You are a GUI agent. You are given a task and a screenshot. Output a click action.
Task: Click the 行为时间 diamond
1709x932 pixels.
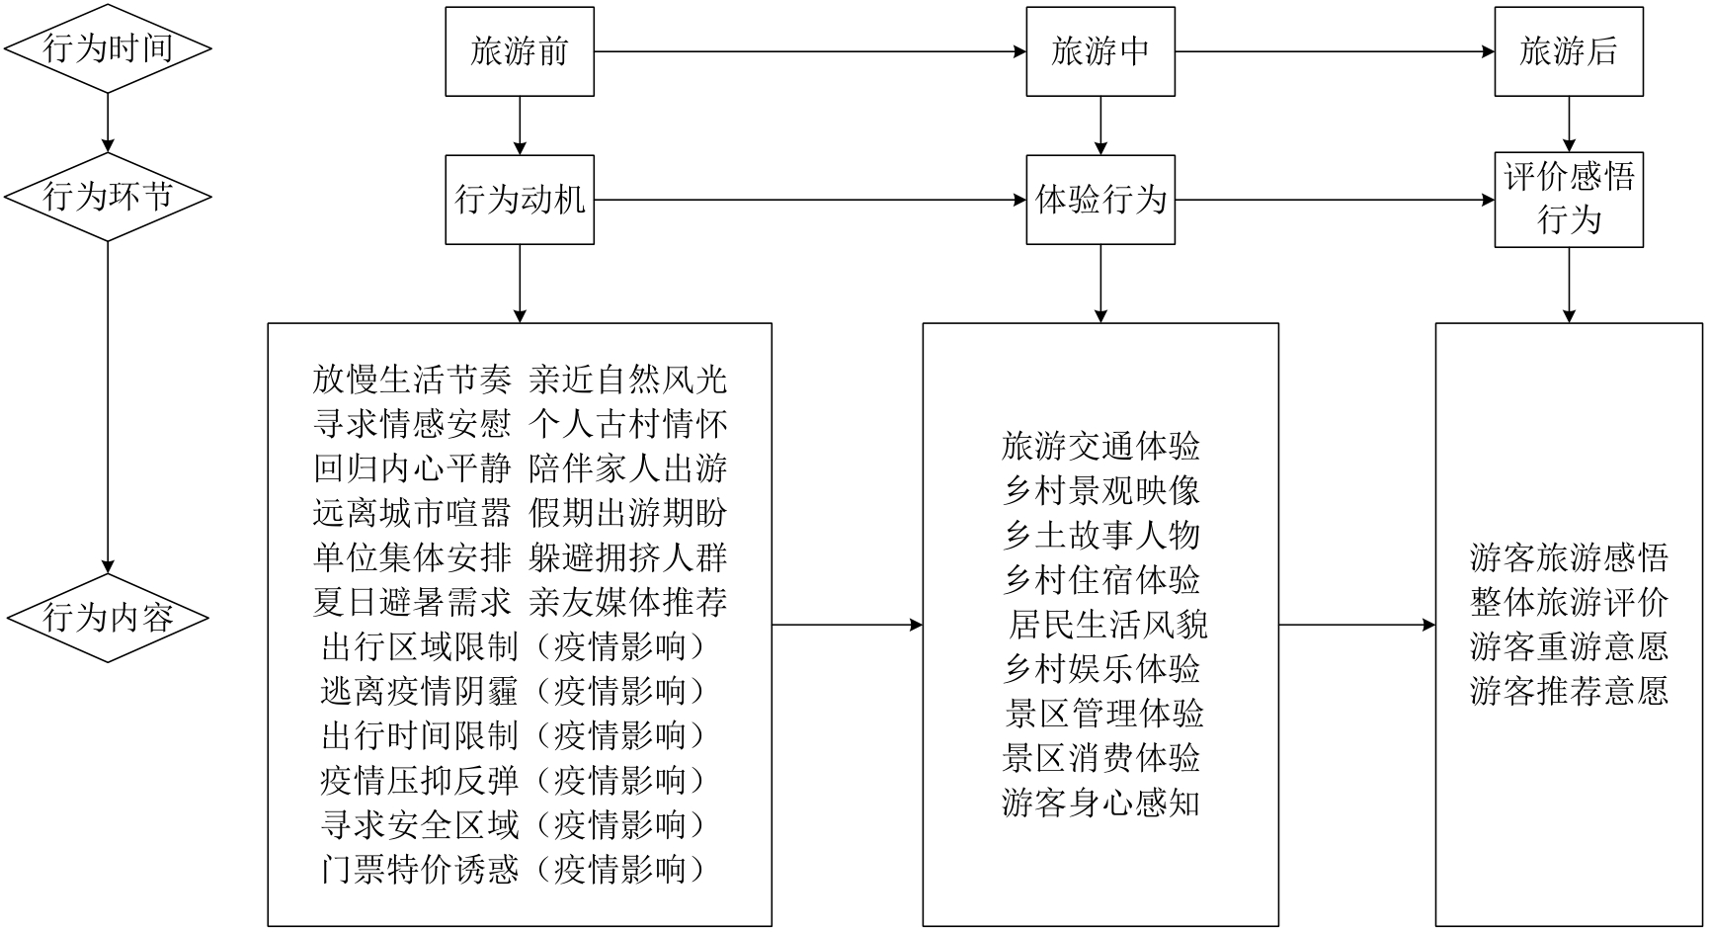tap(108, 48)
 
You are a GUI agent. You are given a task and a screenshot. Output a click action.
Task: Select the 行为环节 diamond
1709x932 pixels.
tap(108, 197)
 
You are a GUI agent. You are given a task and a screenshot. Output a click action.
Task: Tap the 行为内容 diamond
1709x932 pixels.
tap(108, 618)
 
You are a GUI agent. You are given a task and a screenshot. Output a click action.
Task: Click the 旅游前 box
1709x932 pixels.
tap(520, 52)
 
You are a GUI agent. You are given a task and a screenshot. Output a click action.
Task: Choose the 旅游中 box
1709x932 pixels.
tap(1100, 52)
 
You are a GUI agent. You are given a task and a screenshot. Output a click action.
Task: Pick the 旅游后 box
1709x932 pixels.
tap(1569, 52)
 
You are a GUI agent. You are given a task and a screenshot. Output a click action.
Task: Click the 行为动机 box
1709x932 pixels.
tap(520, 200)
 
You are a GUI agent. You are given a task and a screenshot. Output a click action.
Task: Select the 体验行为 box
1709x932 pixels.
tap(1100, 200)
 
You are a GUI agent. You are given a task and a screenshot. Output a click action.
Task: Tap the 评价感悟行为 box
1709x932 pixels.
tap(1569, 200)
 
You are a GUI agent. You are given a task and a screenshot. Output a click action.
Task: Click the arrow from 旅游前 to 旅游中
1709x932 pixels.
tap(810, 51)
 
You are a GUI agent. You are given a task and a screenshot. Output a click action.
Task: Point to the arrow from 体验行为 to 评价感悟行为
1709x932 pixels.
tap(1335, 200)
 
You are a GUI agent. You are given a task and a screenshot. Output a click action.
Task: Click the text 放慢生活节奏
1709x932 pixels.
tap(412, 380)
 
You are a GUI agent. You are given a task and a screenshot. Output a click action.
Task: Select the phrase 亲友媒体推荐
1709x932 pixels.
tap(628, 602)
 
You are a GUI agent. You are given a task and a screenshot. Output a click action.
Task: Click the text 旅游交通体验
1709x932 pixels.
tap(1100, 447)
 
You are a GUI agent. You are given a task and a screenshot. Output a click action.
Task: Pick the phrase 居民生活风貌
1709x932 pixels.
tap(1107, 625)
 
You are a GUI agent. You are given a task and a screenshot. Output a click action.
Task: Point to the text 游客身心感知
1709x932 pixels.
tap(1100, 803)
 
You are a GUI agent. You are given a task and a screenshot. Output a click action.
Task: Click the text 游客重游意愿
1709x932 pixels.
tap(1569, 646)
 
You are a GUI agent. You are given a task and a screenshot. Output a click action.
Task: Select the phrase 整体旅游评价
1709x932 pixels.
tap(1569, 602)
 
